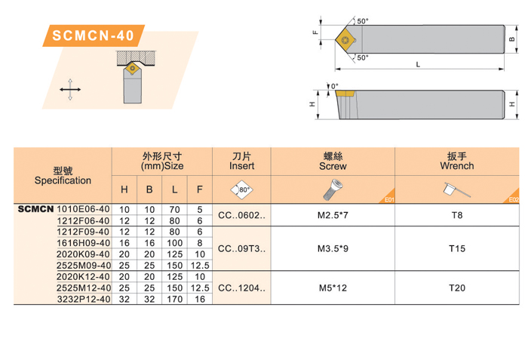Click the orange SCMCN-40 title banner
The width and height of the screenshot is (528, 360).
[94, 35]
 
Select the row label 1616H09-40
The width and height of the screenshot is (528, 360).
[84, 243]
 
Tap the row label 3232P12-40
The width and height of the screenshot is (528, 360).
[84, 300]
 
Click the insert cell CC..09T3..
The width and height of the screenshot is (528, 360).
[242, 249]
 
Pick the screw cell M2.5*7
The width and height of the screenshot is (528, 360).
[333, 215]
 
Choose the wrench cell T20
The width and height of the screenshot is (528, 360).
[457, 288]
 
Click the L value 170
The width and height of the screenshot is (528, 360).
[174, 300]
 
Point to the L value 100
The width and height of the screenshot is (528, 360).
[174, 243]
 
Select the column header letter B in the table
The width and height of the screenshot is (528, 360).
[149, 189]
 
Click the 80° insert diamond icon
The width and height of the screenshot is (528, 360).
[241, 189]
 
